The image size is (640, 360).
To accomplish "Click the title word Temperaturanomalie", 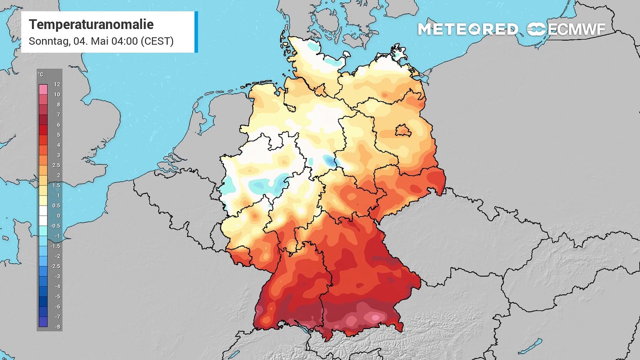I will [91, 24].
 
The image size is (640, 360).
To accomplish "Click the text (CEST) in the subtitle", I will [156, 41].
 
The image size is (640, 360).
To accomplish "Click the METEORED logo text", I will [468, 29].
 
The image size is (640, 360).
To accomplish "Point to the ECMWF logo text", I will [576, 29].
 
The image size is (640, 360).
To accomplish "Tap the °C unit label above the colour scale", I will [40, 75].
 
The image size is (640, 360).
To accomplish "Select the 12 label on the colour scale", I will [57, 85].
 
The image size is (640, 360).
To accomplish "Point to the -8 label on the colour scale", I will [57, 327].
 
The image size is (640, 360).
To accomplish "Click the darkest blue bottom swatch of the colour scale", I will [43, 322].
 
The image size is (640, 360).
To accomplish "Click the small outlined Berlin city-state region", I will [403, 131].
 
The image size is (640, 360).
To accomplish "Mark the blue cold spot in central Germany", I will [328, 160].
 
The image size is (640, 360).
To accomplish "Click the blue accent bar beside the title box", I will [196, 31].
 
